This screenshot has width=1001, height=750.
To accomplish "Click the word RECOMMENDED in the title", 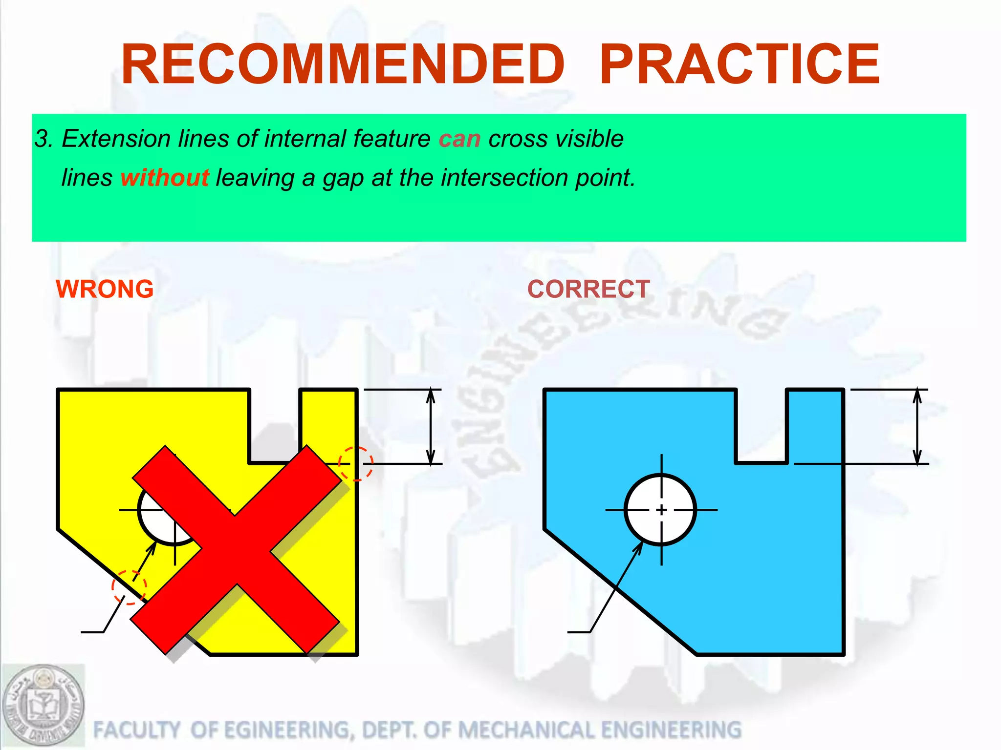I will (x=343, y=64).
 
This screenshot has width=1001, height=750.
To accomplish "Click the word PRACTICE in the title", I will (x=739, y=64).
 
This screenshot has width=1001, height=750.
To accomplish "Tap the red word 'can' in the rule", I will (x=459, y=139).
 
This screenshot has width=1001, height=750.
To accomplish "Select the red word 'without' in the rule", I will (x=165, y=177).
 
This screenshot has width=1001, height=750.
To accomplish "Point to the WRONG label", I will (x=105, y=289).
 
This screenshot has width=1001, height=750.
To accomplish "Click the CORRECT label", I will (x=588, y=289).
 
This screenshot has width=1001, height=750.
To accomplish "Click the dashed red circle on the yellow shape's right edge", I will (x=356, y=463).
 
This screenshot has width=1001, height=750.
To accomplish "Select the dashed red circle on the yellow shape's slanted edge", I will (x=129, y=587).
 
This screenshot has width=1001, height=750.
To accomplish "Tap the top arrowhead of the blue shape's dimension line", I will (x=917, y=396).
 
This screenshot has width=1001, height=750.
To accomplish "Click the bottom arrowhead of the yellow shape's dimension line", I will (x=431, y=457).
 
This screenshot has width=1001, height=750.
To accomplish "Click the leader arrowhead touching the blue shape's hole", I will (x=639, y=547).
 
